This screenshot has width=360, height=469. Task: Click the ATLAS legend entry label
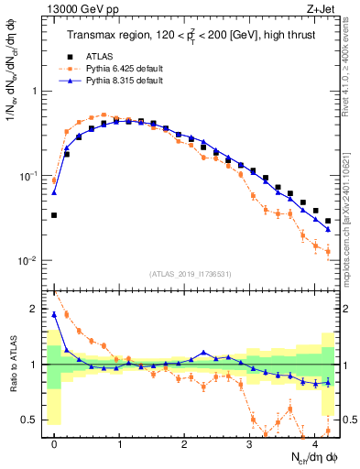tap(100, 56)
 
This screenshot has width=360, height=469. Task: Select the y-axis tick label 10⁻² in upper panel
tap(29, 261)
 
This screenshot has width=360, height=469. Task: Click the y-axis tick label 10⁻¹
tap(29, 176)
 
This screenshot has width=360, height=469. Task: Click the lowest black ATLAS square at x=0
tap(54, 215)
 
